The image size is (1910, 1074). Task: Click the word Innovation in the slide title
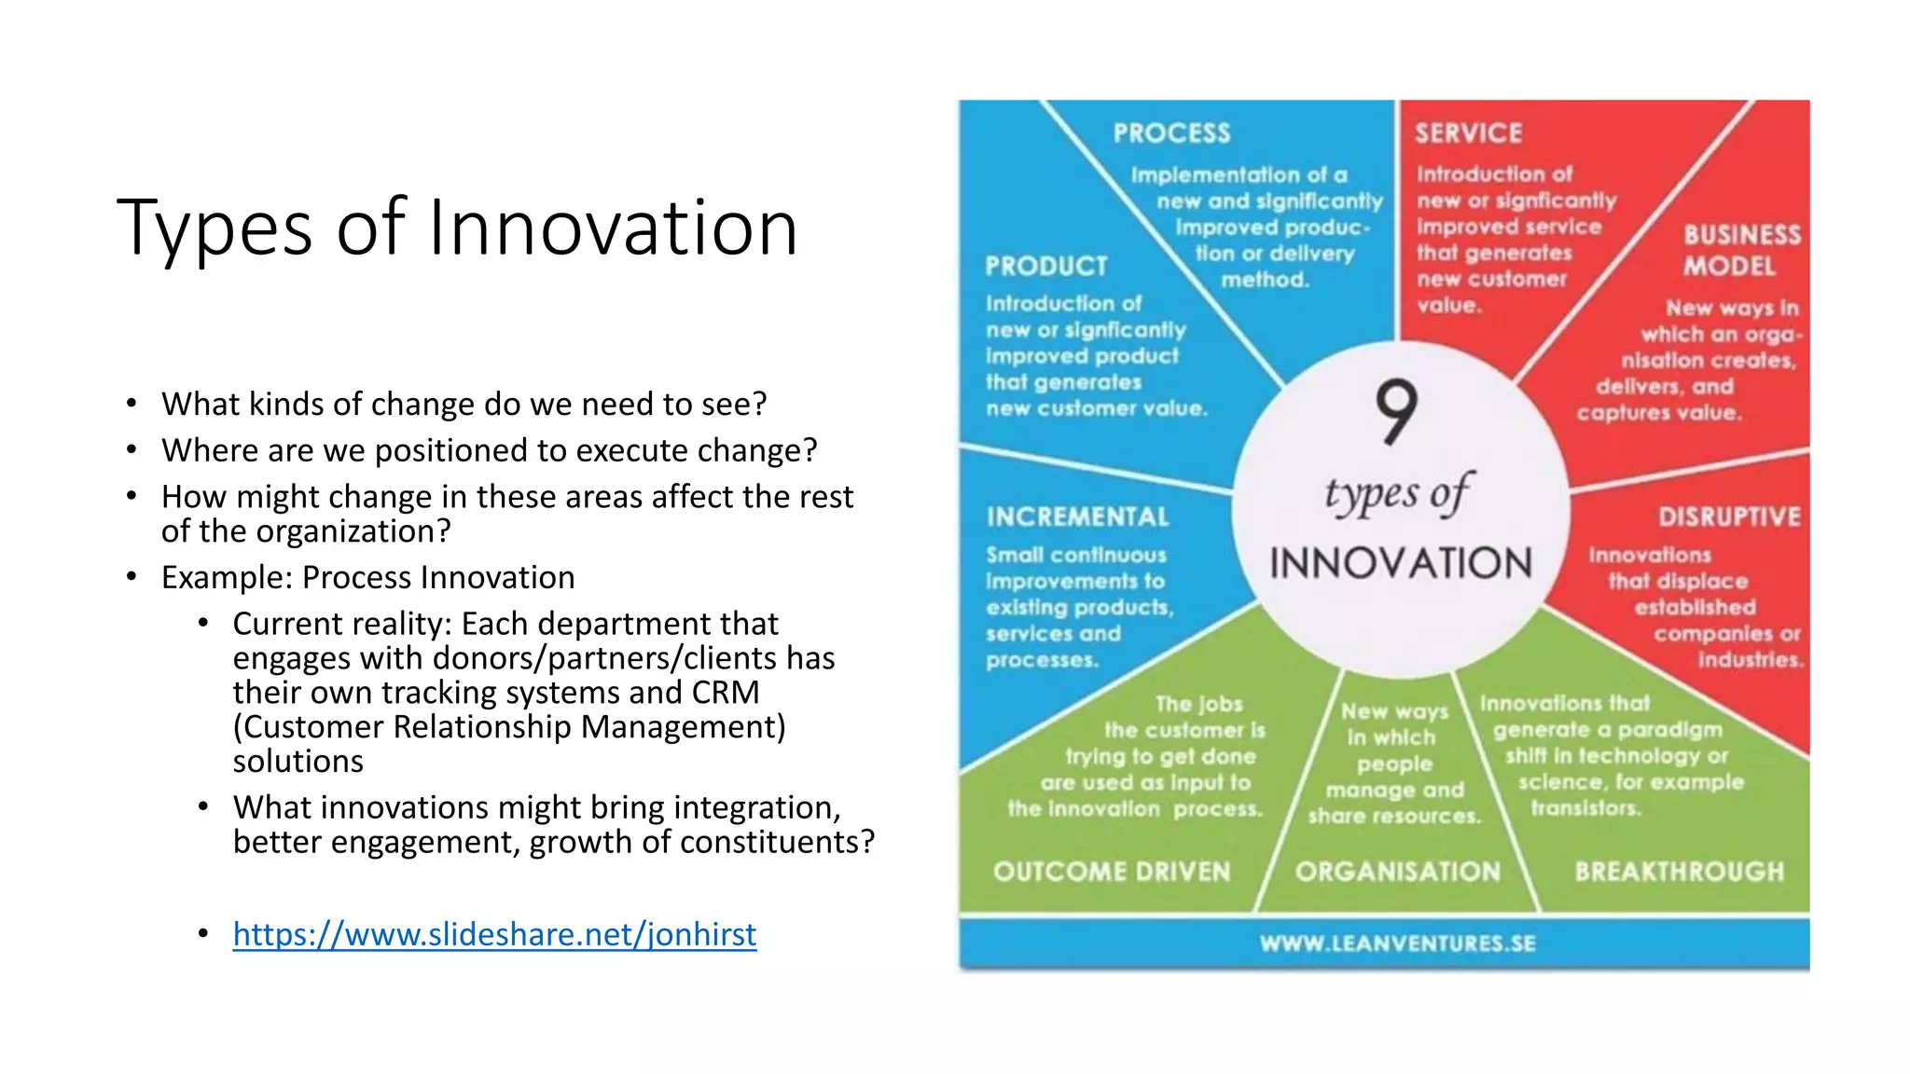click(613, 228)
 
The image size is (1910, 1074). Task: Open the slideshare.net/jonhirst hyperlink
click(494, 934)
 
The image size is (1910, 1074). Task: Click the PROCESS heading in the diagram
click(1171, 133)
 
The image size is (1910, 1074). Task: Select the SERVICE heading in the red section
click(1468, 133)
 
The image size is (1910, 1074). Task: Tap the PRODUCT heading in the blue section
click(1046, 267)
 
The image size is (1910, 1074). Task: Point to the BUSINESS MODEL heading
click(1740, 250)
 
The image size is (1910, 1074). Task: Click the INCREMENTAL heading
click(1077, 517)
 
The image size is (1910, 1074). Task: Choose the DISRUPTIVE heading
click(1728, 517)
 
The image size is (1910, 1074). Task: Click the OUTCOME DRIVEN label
click(1112, 872)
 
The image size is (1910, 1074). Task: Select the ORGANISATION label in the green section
click(1397, 872)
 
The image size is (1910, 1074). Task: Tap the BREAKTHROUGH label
click(1679, 872)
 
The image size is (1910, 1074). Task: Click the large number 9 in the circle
click(1396, 411)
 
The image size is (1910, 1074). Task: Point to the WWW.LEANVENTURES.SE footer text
click(1397, 943)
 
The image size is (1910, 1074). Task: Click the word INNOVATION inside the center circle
click(1401, 564)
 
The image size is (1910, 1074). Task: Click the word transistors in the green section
click(1585, 808)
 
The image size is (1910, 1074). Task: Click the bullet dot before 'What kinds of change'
click(132, 405)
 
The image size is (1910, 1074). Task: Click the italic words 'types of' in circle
click(1397, 494)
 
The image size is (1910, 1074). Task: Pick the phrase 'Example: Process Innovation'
click(367, 578)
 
